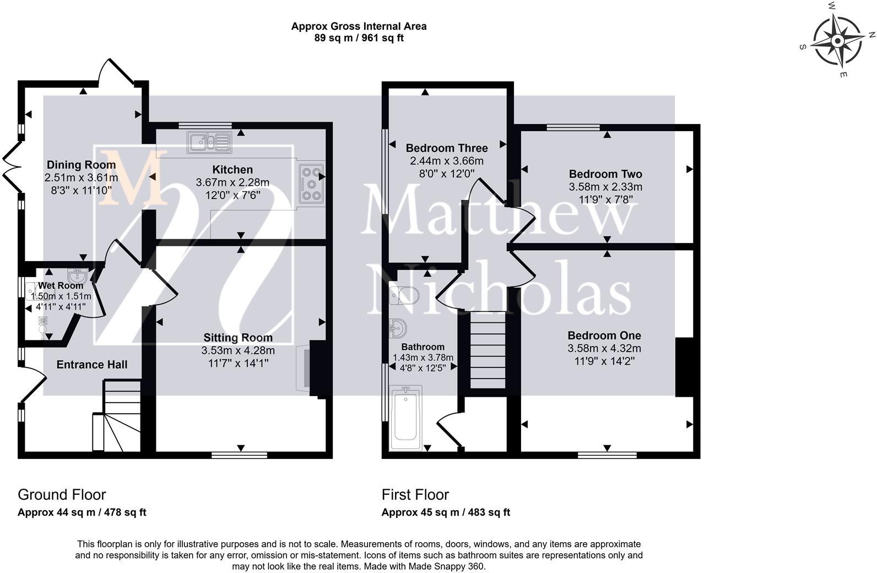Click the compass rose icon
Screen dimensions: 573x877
(x=837, y=41)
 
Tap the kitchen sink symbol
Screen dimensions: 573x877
(x=209, y=142)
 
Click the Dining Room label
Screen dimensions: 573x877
(x=81, y=165)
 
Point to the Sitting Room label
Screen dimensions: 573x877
(x=238, y=338)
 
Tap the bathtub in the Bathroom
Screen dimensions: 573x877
(x=405, y=417)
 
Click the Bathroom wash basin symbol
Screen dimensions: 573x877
(x=398, y=329)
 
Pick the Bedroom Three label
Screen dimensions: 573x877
(x=446, y=148)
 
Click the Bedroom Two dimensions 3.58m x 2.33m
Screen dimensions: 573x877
(x=605, y=187)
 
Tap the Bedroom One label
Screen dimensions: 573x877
(x=604, y=336)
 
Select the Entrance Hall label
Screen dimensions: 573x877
(x=92, y=365)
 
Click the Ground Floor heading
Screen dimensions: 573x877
(x=62, y=495)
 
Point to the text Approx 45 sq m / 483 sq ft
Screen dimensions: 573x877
(x=446, y=512)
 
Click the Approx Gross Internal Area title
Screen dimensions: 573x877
(x=359, y=26)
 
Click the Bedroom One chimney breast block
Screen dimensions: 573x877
(x=683, y=367)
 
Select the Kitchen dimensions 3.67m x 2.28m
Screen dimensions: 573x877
(x=232, y=182)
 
